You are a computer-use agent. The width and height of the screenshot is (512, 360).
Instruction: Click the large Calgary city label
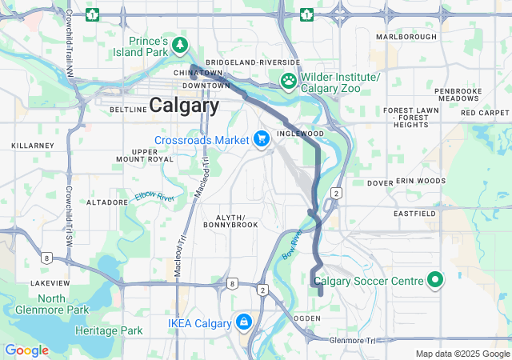184,105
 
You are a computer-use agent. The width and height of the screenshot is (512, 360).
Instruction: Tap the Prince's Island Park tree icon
181,43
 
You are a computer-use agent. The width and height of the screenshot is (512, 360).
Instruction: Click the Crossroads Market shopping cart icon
261,139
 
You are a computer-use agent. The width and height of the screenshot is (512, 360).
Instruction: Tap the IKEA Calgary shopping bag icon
243,322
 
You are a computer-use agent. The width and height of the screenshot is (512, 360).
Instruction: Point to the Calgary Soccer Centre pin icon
434,280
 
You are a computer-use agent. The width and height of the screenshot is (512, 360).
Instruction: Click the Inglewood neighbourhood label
300,134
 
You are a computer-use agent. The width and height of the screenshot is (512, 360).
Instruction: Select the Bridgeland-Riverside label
253,62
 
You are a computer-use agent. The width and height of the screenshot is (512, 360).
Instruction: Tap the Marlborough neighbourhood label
406,37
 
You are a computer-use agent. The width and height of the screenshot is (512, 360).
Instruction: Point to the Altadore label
107,202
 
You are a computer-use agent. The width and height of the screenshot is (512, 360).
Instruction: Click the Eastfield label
414,214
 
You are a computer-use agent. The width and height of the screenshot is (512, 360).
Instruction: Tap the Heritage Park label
109,330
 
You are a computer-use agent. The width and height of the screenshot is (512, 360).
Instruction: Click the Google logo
26,350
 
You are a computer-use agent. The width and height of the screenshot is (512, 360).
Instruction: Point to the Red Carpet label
485,113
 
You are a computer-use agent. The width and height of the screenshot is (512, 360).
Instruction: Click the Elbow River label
154,197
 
